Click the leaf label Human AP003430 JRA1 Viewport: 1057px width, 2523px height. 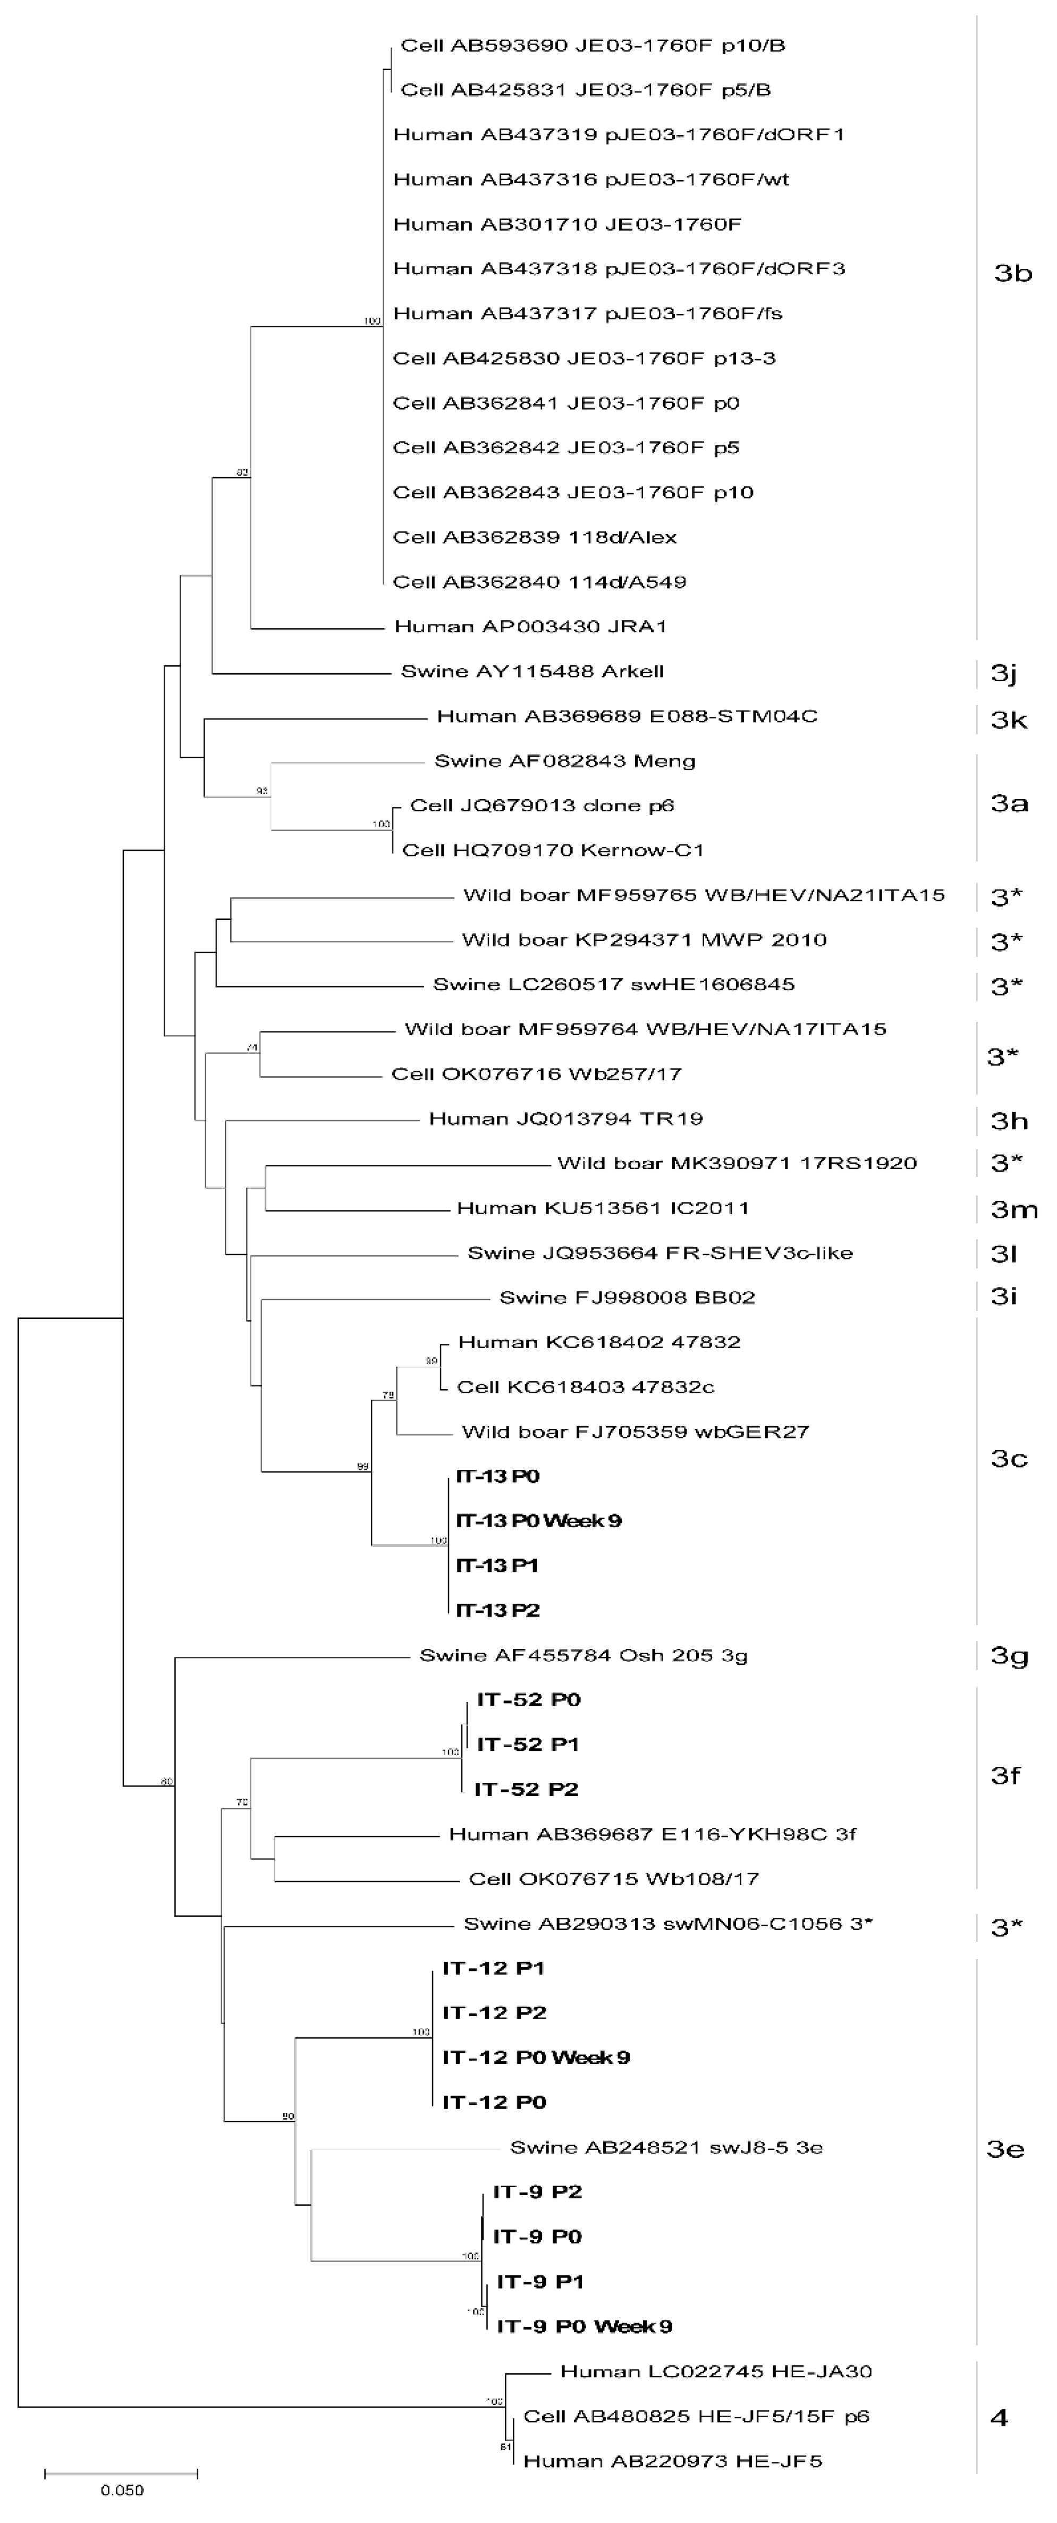[x=530, y=626]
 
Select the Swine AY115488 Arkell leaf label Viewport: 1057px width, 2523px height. [x=532, y=671]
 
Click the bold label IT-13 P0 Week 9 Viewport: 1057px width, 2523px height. [x=539, y=1520]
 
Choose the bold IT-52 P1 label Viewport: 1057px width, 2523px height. [x=528, y=1743]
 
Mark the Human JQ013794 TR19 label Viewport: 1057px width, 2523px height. [x=565, y=1119]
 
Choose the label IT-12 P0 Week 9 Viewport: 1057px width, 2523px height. [x=536, y=2057]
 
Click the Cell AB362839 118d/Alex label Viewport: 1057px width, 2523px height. [x=534, y=537]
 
